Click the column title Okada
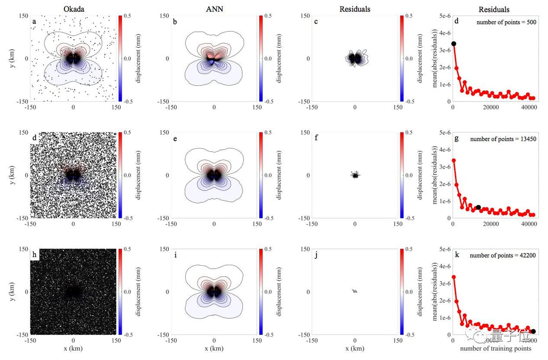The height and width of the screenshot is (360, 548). point(74,9)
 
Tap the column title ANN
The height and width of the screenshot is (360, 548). point(214,9)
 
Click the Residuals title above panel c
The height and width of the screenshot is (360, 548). point(355,9)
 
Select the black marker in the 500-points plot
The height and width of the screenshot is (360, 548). point(453,44)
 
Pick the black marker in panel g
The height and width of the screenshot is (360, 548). point(478,207)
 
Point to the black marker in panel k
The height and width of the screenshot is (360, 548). point(533,331)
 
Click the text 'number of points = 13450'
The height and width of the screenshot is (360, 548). point(503,139)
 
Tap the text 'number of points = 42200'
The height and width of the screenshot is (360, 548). point(503,255)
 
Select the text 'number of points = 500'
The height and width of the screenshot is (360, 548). point(506,22)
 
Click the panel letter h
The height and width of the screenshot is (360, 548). point(35,254)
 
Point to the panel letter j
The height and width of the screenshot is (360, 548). point(316,255)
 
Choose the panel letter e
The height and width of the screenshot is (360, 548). point(175,139)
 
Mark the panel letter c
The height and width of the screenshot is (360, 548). point(316,22)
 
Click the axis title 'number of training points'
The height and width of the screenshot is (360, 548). point(495,348)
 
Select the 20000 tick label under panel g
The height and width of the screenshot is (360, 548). point(491,224)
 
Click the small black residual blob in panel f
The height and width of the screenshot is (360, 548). point(355,175)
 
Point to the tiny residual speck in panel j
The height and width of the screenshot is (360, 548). point(355,292)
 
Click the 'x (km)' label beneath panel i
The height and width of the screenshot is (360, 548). point(214,348)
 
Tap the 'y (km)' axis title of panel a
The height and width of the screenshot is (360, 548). point(13,59)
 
